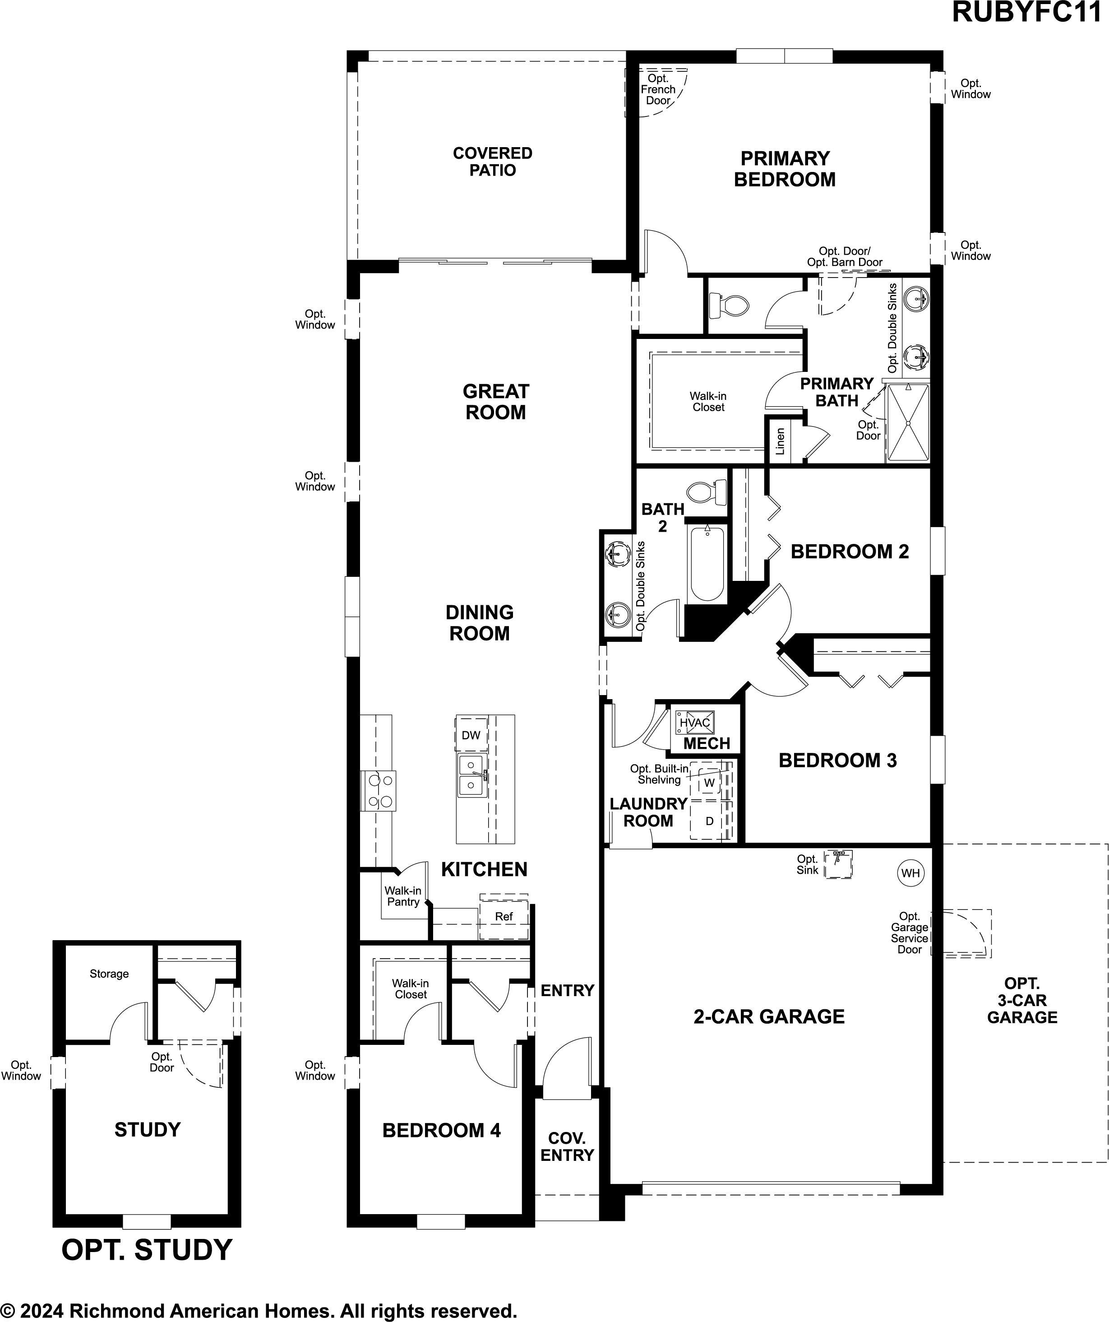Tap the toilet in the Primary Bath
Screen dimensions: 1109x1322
(728, 306)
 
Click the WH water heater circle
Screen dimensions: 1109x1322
(910, 872)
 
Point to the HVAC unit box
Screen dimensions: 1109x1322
(694, 722)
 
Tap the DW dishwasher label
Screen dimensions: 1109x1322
(471, 735)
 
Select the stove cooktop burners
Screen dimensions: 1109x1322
(378, 791)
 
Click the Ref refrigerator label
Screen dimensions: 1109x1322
(504, 917)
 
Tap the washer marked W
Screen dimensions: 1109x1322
(709, 783)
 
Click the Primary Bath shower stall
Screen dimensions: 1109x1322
(908, 422)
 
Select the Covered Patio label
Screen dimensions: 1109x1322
(493, 162)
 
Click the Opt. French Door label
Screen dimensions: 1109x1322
(658, 89)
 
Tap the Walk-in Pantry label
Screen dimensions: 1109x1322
(403, 896)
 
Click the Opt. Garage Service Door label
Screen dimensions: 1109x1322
(910, 933)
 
